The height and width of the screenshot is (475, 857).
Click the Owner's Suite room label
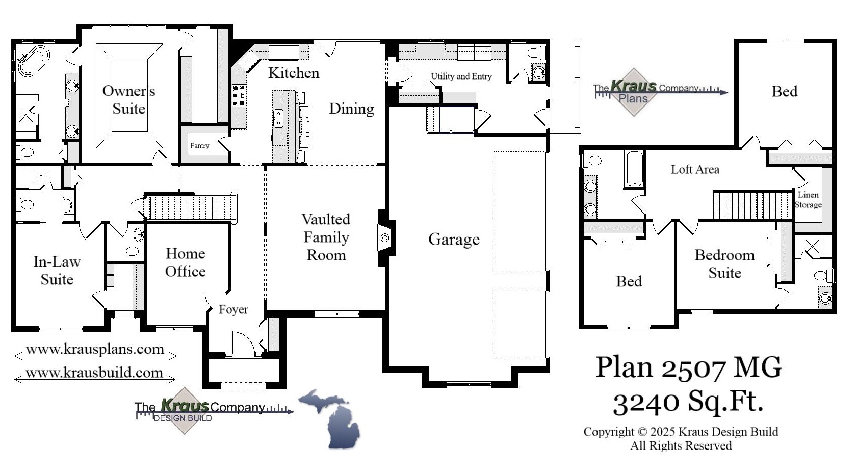[x=128, y=100]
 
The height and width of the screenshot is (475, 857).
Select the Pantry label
[x=199, y=146]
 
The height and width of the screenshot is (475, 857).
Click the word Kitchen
[x=294, y=73]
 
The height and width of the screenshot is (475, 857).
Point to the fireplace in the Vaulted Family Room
[x=385, y=237]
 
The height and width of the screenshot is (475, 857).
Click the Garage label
[x=454, y=239]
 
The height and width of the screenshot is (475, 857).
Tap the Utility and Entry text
[x=461, y=76]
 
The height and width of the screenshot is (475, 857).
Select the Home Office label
[x=186, y=262]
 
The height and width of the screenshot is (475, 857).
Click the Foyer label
[x=233, y=309]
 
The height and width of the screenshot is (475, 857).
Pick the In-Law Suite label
[x=57, y=271]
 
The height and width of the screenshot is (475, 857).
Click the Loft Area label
[x=695, y=170]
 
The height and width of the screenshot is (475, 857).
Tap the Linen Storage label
[x=808, y=200]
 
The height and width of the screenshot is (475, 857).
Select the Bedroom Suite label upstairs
[x=724, y=264]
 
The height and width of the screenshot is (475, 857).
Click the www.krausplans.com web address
[x=95, y=350]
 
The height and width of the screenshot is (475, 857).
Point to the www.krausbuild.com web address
[x=94, y=373]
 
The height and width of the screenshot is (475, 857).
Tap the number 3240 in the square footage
[x=645, y=402]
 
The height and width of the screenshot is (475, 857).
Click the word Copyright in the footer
[x=609, y=432]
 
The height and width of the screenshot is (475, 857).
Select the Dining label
[x=351, y=109]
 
